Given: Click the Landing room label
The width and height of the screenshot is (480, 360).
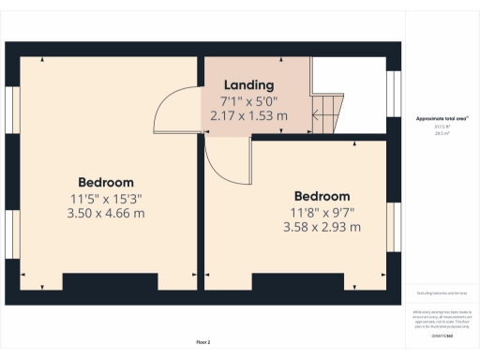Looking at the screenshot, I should [x=248, y=85].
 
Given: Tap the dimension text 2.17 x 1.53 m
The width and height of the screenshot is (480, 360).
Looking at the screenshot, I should [x=248, y=115].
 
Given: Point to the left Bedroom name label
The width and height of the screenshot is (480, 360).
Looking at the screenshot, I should [x=106, y=182].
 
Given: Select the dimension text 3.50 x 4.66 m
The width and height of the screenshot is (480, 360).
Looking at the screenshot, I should [x=106, y=213].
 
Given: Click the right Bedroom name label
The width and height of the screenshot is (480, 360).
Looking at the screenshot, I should [x=322, y=196].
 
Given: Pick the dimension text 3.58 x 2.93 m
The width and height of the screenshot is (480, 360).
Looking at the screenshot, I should [x=322, y=227].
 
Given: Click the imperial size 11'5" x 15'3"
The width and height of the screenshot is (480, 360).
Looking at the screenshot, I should [x=106, y=198].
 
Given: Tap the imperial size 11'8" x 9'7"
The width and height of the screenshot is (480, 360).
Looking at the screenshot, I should [x=322, y=212].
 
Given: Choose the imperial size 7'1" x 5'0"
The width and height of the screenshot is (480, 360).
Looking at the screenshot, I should [x=248, y=100].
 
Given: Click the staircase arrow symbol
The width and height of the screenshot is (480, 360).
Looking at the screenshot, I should [x=322, y=116].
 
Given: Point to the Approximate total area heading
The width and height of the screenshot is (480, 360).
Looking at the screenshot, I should [x=442, y=119].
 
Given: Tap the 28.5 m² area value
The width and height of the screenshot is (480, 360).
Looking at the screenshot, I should [x=442, y=135].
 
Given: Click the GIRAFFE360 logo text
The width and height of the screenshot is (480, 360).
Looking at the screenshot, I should [x=442, y=335].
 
